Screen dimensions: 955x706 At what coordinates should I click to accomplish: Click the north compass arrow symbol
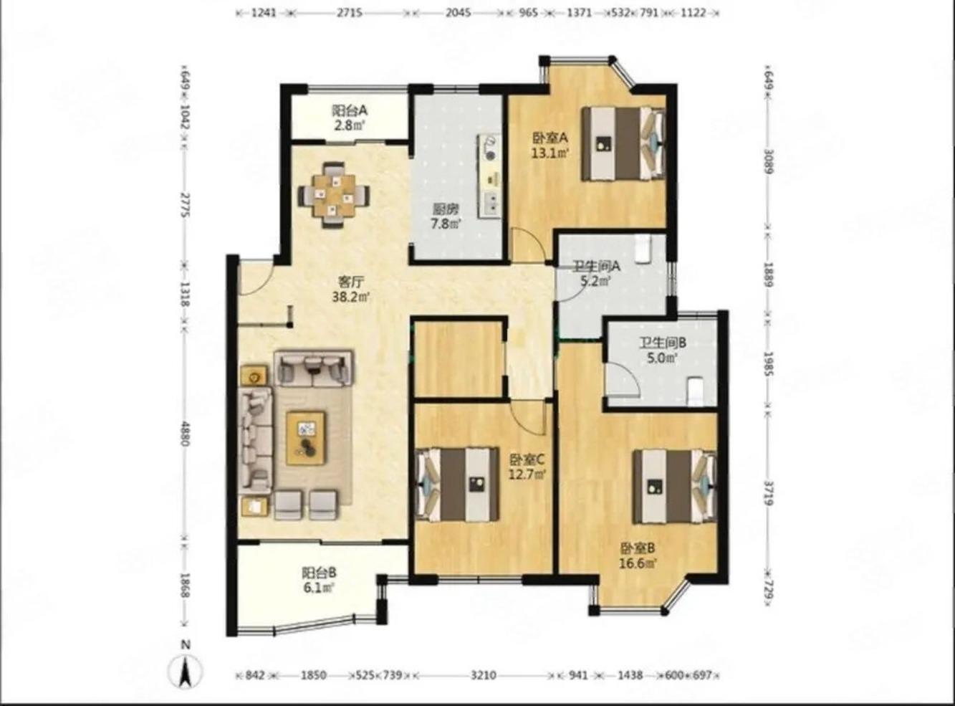[x=186, y=672]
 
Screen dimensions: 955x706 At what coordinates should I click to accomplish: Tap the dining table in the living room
[x=334, y=195]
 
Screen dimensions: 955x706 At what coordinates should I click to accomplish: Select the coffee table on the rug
[x=306, y=439]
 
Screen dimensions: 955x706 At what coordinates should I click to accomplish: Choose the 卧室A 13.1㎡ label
[x=551, y=146]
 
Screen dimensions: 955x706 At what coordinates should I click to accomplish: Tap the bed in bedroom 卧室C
[x=457, y=484]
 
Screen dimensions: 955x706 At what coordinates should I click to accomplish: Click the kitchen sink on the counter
[x=491, y=203]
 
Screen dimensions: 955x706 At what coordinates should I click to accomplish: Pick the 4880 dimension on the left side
[x=186, y=434]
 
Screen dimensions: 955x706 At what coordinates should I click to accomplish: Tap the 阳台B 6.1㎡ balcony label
[x=319, y=580]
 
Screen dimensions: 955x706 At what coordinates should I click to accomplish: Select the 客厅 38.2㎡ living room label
[x=351, y=290]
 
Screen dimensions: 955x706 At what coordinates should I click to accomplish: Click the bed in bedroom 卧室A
[x=624, y=143]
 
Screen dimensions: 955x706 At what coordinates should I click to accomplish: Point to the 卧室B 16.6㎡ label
[x=638, y=555]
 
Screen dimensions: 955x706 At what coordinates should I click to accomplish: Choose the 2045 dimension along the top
[x=458, y=13]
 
